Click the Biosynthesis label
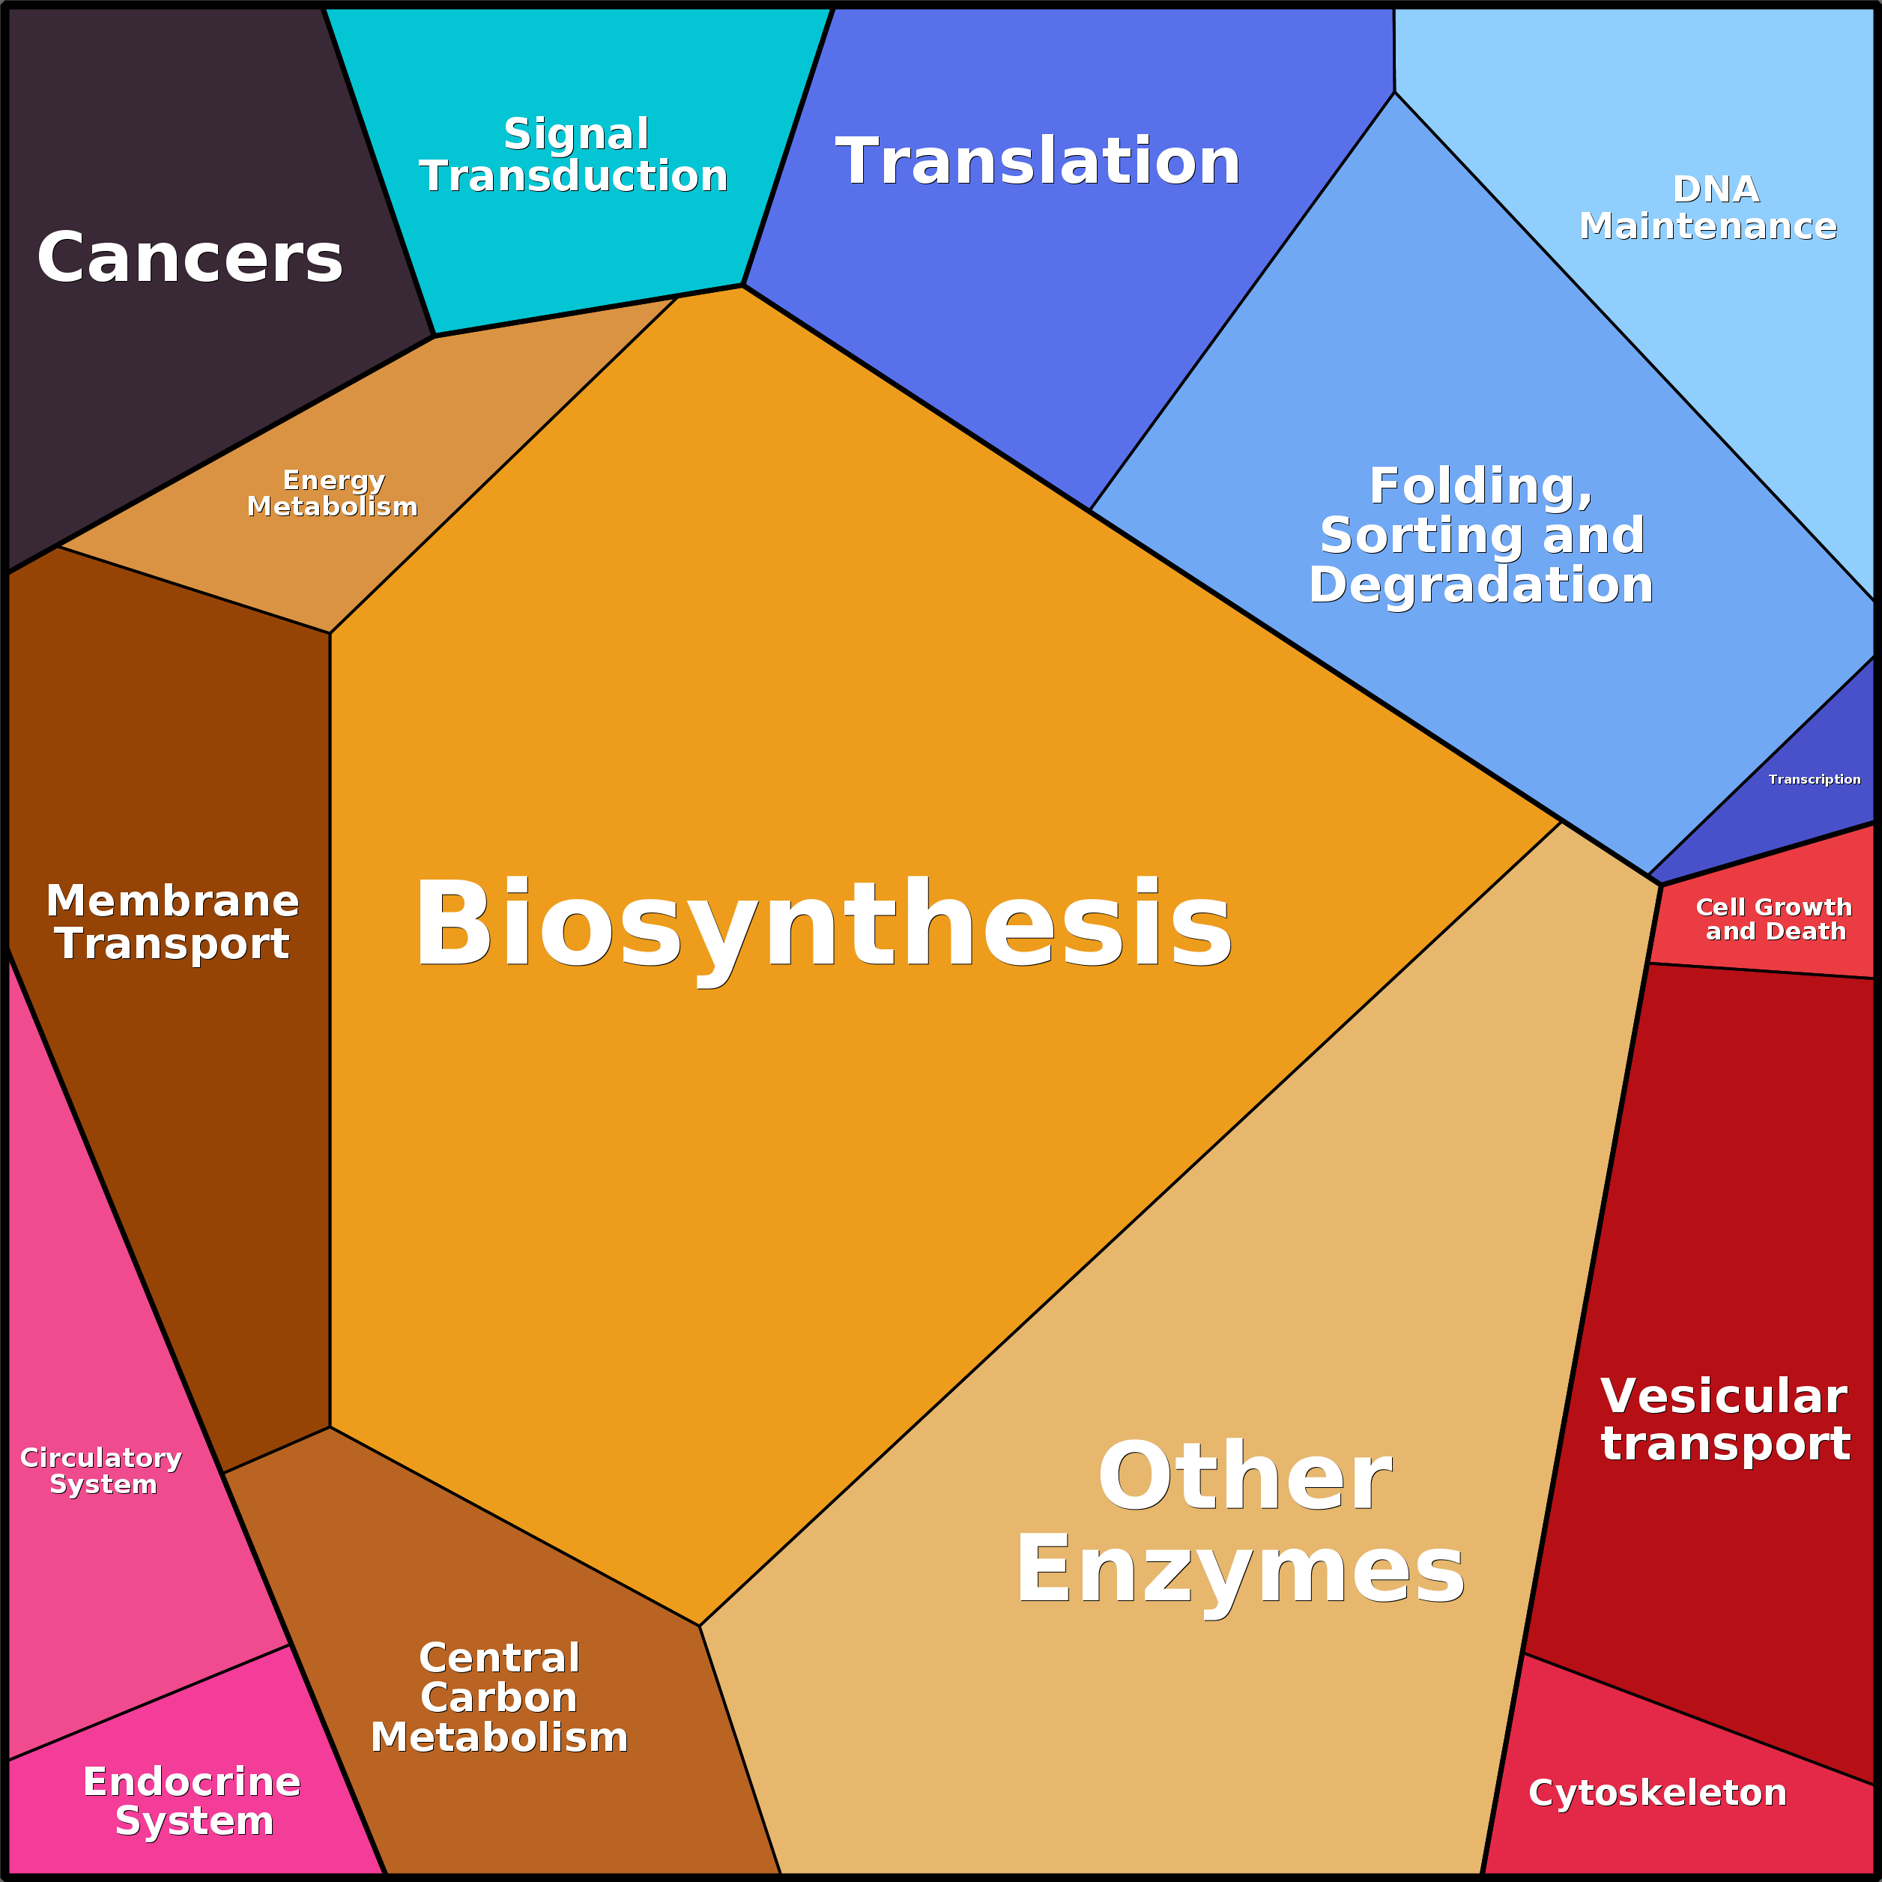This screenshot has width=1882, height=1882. click(823, 925)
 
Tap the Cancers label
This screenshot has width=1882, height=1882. click(190, 258)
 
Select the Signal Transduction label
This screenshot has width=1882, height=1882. click(575, 155)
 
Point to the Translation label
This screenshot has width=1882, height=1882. click(1038, 161)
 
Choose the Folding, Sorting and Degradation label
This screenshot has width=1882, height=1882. click(1480, 535)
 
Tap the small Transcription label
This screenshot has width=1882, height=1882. click(1814, 779)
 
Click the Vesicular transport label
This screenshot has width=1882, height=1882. click(1724, 1419)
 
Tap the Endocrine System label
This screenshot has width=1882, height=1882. click(193, 1801)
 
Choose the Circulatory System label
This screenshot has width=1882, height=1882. click(101, 1471)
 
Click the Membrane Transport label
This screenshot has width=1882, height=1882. click(172, 922)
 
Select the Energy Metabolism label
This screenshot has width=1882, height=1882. click(333, 493)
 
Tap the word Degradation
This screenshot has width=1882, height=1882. click(1480, 584)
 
